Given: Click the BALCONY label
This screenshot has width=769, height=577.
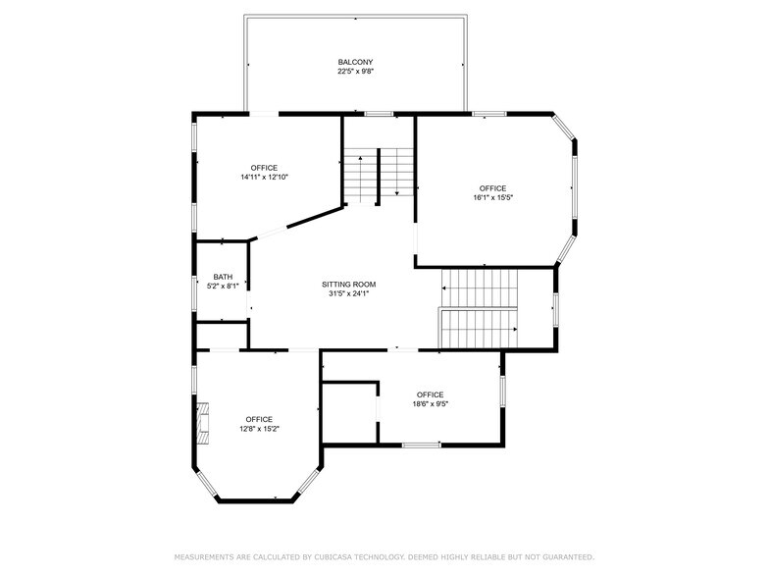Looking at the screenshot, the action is pyautogui.click(x=355, y=63).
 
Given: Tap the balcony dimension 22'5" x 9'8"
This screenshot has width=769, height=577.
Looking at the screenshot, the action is pyautogui.click(x=355, y=72).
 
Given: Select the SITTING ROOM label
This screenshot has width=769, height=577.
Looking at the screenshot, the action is pyautogui.click(x=349, y=285).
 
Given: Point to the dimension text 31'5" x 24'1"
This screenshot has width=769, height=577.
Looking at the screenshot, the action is pyautogui.click(x=349, y=294).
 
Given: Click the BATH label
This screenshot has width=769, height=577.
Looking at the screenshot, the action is pyautogui.click(x=223, y=277).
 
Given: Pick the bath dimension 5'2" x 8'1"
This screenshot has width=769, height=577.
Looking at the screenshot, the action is pyautogui.click(x=223, y=287).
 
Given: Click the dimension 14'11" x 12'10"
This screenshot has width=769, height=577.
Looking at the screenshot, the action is pyautogui.click(x=264, y=177).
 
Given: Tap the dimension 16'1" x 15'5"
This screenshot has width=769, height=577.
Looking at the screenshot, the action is pyautogui.click(x=492, y=198).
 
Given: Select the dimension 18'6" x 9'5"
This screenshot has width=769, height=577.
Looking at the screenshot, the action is pyautogui.click(x=430, y=404).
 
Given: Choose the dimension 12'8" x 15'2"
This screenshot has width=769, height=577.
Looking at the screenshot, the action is pyautogui.click(x=259, y=429).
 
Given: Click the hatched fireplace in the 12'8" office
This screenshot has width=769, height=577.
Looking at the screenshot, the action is pyautogui.click(x=203, y=423).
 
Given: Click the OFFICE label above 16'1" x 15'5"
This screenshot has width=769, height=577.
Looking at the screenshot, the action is pyautogui.click(x=492, y=188).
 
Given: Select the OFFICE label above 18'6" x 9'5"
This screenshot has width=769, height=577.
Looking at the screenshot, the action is pyautogui.click(x=430, y=394).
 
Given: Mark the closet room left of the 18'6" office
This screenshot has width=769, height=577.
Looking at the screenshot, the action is pyautogui.click(x=349, y=413).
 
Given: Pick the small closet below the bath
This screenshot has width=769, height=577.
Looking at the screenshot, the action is pyautogui.click(x=222, y=336).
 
